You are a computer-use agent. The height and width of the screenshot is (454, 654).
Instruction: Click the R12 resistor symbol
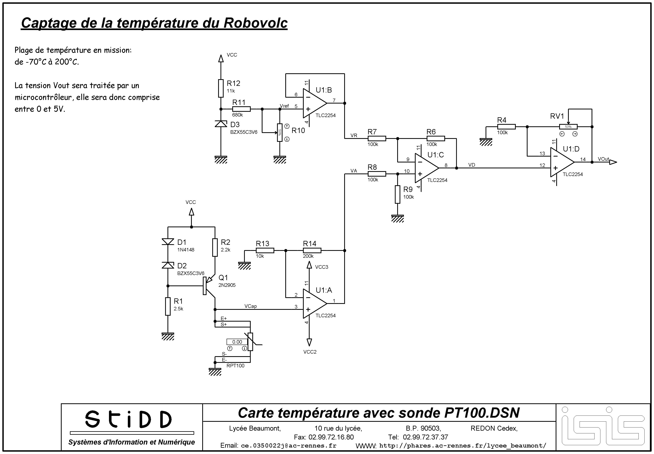tap(221, 88)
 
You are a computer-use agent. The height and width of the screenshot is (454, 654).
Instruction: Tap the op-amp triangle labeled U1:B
tap(315, 103)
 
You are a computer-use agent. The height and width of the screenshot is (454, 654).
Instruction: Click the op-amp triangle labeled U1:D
tap(562, 162)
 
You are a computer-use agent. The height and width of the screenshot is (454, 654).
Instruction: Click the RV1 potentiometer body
tap(568, 127)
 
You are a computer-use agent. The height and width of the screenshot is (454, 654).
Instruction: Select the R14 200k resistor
tap(312, 250)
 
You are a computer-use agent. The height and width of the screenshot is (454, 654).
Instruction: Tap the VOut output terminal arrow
tap(613, 162)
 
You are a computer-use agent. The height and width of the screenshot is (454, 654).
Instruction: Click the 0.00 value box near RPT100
tap(237, 342)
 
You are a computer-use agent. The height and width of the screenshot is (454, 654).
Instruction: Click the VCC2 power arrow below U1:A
tap(309, 342)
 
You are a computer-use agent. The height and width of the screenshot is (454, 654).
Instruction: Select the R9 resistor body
tap(397, 194)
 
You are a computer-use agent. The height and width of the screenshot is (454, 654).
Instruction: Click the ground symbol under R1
tap(168, 337)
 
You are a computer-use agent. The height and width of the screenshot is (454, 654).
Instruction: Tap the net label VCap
tap(250, 306)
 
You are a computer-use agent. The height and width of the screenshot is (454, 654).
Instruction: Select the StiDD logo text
tap(128, 419)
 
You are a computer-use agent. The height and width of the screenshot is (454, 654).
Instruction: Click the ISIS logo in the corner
tap(603, 427)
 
